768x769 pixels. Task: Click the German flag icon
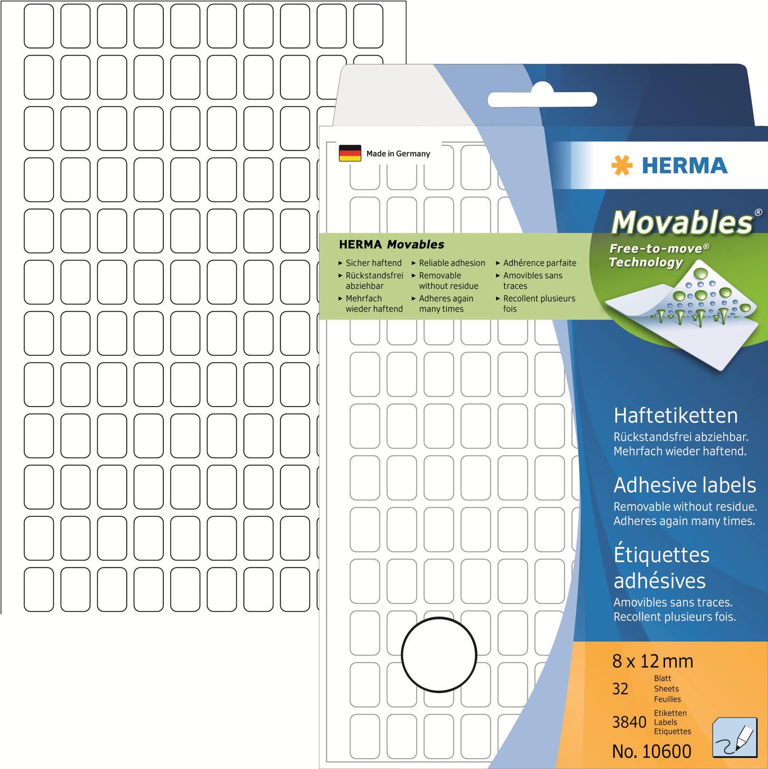coord(350,153)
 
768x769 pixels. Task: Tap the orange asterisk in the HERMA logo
coord(622,166)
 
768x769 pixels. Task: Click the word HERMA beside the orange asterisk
coord(684,166)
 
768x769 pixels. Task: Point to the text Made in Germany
coord(398,154)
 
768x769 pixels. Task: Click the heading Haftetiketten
coord(675,416)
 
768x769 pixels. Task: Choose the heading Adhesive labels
coord(684,485)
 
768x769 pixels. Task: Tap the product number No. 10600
coord(652,751)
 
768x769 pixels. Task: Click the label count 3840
coord(629,722)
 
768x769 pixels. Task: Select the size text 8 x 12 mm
coord(653,661)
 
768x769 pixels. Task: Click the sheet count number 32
coord(620,688)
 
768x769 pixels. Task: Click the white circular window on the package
coord(438,655)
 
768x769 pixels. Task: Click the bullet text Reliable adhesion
coord(452,263)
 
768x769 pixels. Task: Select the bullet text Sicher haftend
coord(373,263)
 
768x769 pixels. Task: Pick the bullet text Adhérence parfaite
coord(540,263)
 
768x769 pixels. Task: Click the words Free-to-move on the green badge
coord(656,248)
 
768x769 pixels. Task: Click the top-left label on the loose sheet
coord(38,26)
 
